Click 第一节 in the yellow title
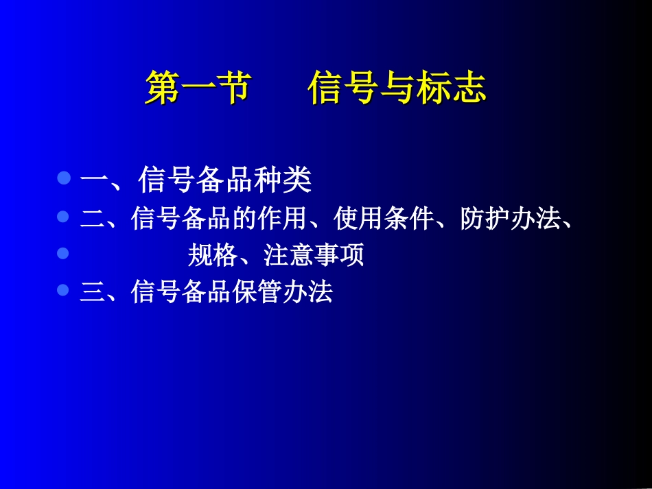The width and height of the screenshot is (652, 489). (198, 88)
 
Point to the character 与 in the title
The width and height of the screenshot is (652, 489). (397, 88)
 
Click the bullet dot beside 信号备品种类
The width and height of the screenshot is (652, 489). (64, 179)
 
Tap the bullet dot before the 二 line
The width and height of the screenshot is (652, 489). (64, 217)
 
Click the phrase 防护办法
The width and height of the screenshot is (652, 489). (511, 219)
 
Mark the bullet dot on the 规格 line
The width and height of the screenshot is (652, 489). (64, 254)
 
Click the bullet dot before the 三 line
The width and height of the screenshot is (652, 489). (64, 290)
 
